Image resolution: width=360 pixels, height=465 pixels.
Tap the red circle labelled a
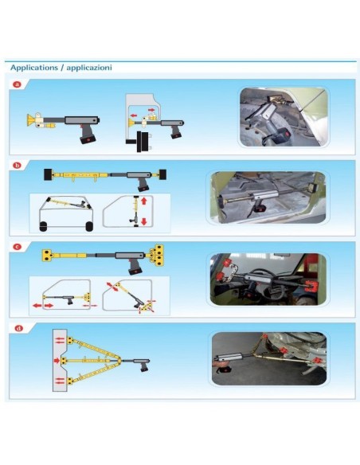(x=17, y=84)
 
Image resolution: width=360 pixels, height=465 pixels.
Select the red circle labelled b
(x=17, y=165)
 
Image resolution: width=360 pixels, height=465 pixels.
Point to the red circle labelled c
(x=17, y=247)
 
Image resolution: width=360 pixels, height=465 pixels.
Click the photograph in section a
(x=283, y=117)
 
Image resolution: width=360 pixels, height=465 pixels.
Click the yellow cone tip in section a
(x=31, y=120)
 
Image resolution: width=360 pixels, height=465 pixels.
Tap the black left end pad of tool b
(x=49, y=173)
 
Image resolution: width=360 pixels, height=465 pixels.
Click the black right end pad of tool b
(x=163, y=172)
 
